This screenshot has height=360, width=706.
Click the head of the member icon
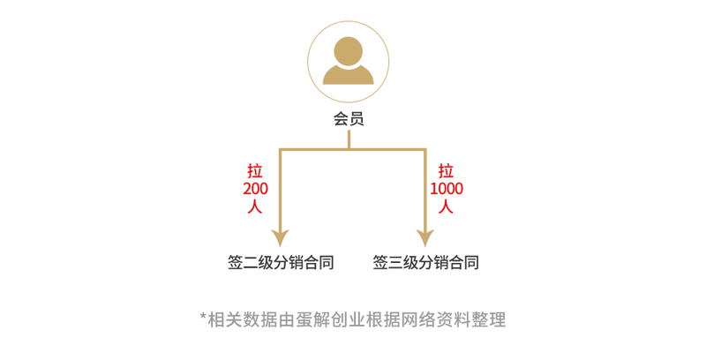coord(349,51)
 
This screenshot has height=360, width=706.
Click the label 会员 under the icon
coord(349,119)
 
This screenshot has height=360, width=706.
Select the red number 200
coord(255,189)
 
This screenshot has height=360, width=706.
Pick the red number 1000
coord(447,189)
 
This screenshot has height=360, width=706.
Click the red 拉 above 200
coord(255,171)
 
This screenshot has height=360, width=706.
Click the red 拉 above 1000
coord(446,171)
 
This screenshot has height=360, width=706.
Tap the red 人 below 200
coord(255,206)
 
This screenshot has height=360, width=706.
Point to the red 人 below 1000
coord(446,206)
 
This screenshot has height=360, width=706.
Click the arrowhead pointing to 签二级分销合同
coord(280,237)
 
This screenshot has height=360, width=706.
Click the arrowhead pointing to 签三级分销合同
coord(425,237)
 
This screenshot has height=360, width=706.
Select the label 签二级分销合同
coord(281,262)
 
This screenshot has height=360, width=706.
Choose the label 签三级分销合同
coord(425,262)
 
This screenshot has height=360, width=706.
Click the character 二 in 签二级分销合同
coord(251,263)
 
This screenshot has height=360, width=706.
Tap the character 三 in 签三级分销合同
coord(395,263)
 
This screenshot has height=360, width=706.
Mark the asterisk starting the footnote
coord(203,316)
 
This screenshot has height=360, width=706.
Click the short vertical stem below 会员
coord(349,139)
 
